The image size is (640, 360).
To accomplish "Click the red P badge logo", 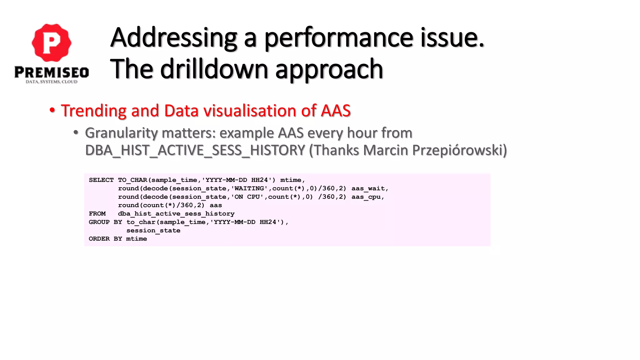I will pyautogui.click(x=52, y=42).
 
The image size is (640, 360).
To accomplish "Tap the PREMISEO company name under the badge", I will pyautogui.click(x=52, y=72).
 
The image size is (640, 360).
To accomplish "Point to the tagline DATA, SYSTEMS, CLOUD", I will pyautogui.click(x=52, y=82).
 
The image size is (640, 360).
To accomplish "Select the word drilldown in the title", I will pyautogui.click(x=214, y=69).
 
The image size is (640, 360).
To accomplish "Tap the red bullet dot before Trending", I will pyautogui.click(x=52, y=111).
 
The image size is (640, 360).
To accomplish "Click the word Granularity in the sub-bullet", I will pyautogui.click(x=121, y=133).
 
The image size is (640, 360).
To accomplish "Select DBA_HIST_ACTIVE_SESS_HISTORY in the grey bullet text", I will pyautogui.click(x=195, y=150).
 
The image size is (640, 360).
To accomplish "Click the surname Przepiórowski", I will pyautogui.click(x=459, y=150).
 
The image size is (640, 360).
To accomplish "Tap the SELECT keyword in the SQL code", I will pyautogui.click(x=101, y=180).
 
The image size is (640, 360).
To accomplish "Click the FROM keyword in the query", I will pyautogui.click(x=97, y=214).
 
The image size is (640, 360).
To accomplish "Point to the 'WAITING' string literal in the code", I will pyautogui.click(x=249, y=188).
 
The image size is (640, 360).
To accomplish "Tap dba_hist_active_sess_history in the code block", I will pyautogui.click(x=176, y=214).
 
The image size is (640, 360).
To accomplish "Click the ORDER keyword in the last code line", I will pyautogui.click(x=99, y=239).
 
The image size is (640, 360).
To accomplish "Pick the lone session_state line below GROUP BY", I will pyautogui.click(x=153, y=231).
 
